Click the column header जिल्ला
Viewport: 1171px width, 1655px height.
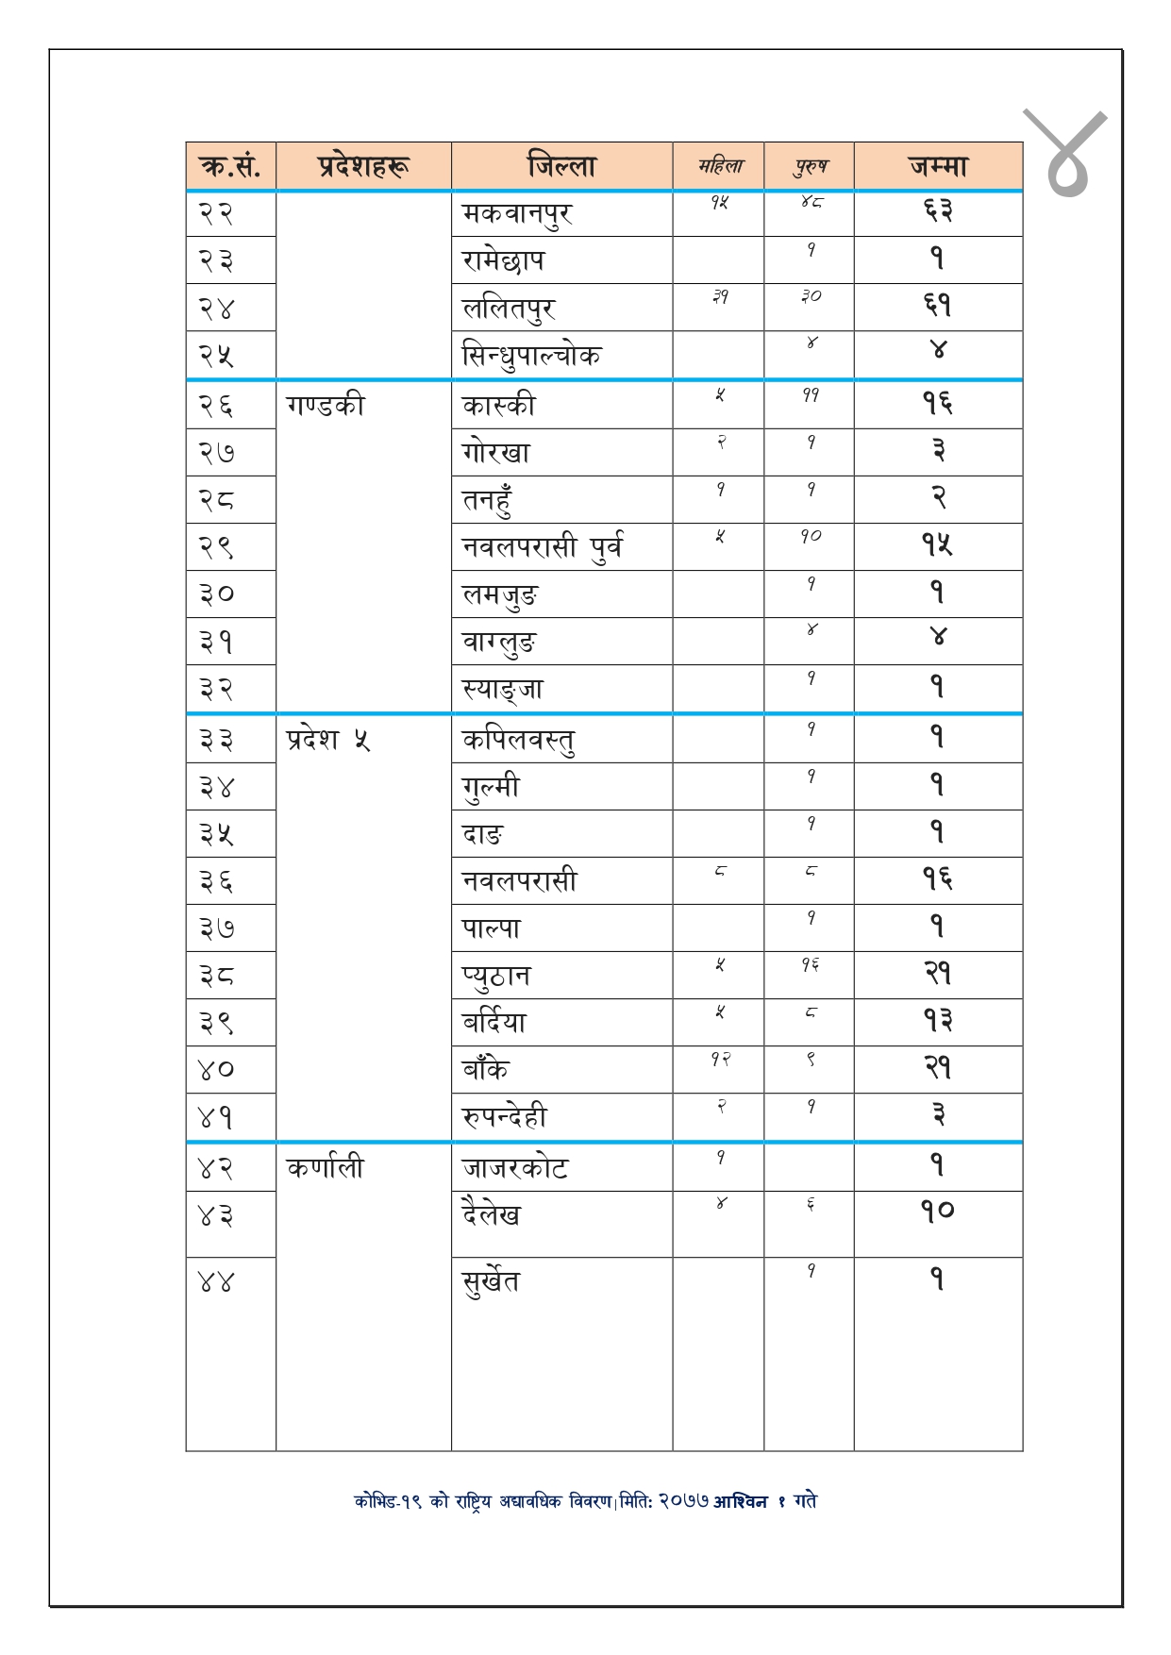[x=561, y=166]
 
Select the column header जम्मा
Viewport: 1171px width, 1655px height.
[x=938, y=166]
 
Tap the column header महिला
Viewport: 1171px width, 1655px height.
[x=719, y=167]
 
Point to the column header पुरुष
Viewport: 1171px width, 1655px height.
[x=810, y=167]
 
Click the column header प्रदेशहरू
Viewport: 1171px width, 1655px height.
[x=363, y=166]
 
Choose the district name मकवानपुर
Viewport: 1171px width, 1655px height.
[x=517, y=214]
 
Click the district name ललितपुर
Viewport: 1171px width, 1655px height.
[x=509, y=309]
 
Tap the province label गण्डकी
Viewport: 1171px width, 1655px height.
[x=325, y=406]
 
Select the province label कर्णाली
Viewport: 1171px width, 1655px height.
[x=325, y=1168]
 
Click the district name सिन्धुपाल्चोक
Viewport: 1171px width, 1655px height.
[x=531, y=357]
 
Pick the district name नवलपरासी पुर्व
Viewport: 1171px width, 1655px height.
[x=543, y=547]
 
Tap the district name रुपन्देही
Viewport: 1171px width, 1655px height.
[x=505, y=1117]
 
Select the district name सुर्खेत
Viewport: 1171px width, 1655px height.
[x=491, y=1281]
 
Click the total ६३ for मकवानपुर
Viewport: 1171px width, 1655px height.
[x=937, y=211]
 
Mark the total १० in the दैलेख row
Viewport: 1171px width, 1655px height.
[x=937, y=1211]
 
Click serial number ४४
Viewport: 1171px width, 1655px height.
[x=216, y=1281]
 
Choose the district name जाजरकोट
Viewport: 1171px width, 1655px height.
[x=515, y=1168]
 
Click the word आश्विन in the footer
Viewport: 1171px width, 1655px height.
[x=740, y=1501]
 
